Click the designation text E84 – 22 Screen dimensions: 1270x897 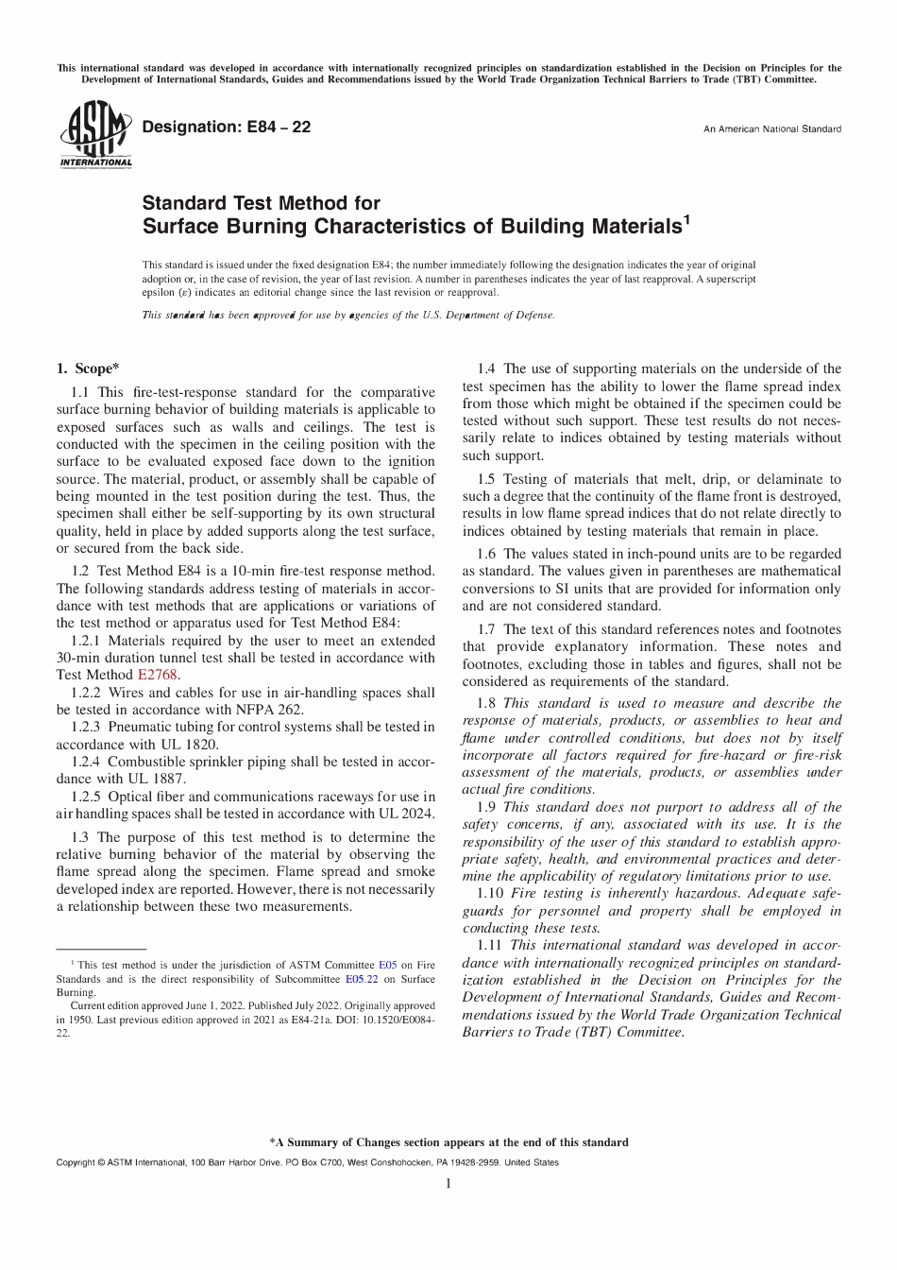(x=226, y=127)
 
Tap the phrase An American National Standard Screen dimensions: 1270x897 (x=771, y=129)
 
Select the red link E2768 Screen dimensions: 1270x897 (x=158, y=675)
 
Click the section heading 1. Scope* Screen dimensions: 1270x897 (x=88, y=369)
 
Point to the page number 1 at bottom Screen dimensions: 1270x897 (x=448, y=1184)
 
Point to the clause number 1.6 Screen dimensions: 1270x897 (x=486, y=554)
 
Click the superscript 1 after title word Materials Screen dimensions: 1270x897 (x=686, y=221)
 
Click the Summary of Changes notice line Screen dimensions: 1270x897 (x=448, y=1142)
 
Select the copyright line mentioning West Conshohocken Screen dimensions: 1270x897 (x=307, y=1162)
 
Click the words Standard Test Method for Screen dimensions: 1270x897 (x=261, y=203)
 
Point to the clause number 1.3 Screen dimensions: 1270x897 (x=80, y=837)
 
